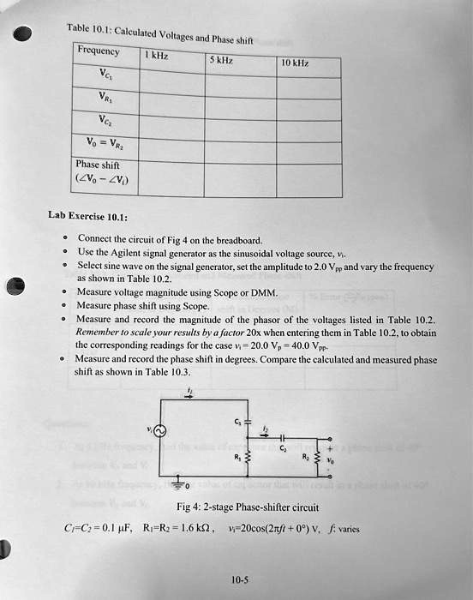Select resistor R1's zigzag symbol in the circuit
[x=249, y=461]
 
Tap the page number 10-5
[x=240, y=579]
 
